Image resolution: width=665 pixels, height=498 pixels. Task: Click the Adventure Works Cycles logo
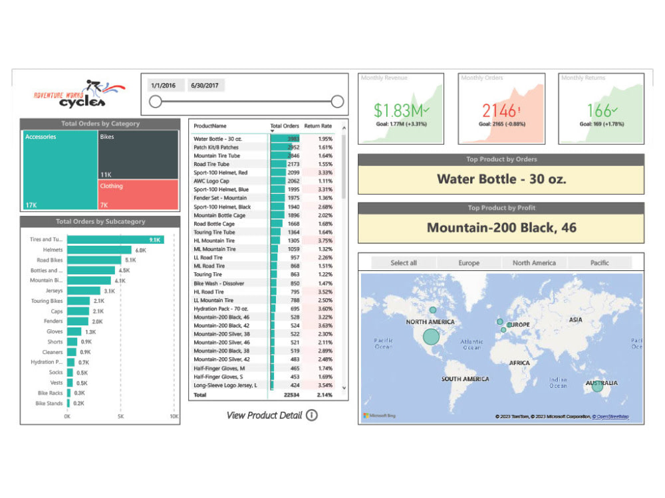tap(78, 95)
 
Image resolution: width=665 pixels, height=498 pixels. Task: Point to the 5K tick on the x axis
tap(121, 417)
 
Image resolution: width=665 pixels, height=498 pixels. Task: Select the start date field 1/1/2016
tap(164, 86)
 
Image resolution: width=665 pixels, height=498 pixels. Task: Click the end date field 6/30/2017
tap(205, 86)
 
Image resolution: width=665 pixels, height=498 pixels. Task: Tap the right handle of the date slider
tap(337, 102)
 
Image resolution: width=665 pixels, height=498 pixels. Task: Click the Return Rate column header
tap(318, 125)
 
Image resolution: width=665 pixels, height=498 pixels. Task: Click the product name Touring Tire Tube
tap(214, 232)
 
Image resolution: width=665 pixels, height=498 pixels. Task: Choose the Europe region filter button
tap(469, 263)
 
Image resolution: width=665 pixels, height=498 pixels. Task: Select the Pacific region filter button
tap(599, 263)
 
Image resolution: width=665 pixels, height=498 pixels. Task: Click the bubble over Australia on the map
tap(597, 386)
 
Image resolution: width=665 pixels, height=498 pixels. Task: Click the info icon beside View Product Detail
tap(311, 416)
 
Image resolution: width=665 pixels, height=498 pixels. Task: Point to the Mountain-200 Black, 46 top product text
tap(501, 228)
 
